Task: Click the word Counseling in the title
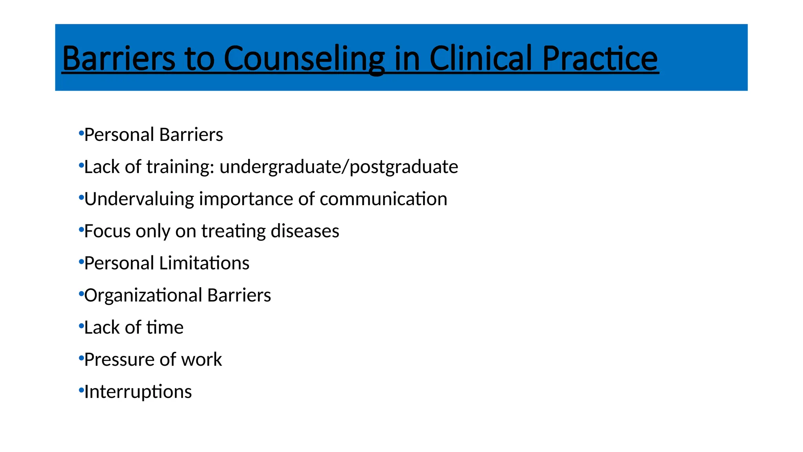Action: pyautogui.click(x=304, y=59)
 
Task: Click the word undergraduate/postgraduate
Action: pyautogui.click(x=339, y=167)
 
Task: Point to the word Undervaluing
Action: pyautogui.click(x=139, y=199)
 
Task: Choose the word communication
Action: pyautogui.click(x=383, y=199)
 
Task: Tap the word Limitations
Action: pyautogui.click(x=204, y=263)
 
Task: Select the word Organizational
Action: pyautogui.click(x=143, y=295)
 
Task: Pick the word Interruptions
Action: pyautogui.click(x=138, y=392)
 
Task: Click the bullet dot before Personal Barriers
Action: pyautogui.click(x=81, y=133)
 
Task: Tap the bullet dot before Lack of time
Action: pyautogui.click(x=81, y=326)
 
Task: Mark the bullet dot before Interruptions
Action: pyautogui.click(x=81, y=390)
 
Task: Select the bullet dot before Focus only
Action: pyautogui.click(x=81, y=229)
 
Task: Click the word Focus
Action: pyautogui.click(x=107, y=231)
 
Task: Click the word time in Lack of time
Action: pyautogui.click(x=165, y=328)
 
